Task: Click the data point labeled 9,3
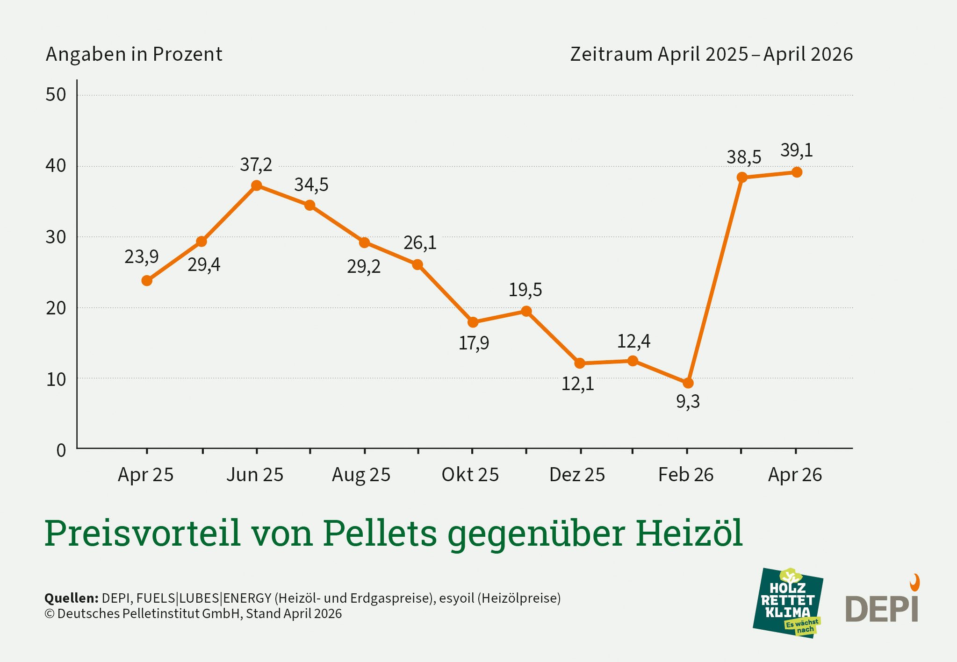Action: (x=688, y=383)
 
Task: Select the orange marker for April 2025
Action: (x=147, y=281)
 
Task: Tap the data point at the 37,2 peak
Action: (x=256, y=185)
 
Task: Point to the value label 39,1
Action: (x=797, y=150)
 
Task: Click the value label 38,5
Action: (x=743, y=157)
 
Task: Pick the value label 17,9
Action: (x=474, y=343)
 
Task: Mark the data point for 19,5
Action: (x=526, y=311)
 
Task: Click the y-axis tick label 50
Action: (x=56, y=95)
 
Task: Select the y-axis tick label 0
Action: (x=61, y=451)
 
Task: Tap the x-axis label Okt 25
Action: (x=470, y=475)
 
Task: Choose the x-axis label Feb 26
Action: (x=685, y=475)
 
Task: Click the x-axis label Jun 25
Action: (x=255, y=475)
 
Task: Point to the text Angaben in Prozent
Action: (x=134, y=54)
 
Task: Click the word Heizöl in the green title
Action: (x=689, y=533)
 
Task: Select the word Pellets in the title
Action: (x=380, y=533)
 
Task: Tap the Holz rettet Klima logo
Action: (x=788, y=603)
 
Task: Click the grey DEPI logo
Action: (x=882, y=607)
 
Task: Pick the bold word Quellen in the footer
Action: (x=71, y=598)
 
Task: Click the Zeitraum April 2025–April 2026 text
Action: (x=711, y=54)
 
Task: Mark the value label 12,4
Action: (x=633, y=342)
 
